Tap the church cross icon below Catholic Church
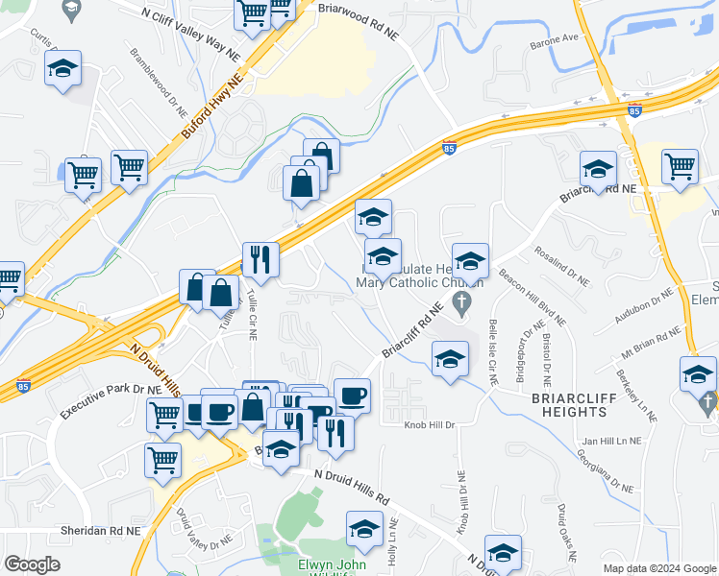(x=461, y=305)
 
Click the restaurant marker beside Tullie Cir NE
(x=260, y=258)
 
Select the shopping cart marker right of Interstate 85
(x=681, y=166)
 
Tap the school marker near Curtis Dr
(x=62, y=69)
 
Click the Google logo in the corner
(x=32, y=564)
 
